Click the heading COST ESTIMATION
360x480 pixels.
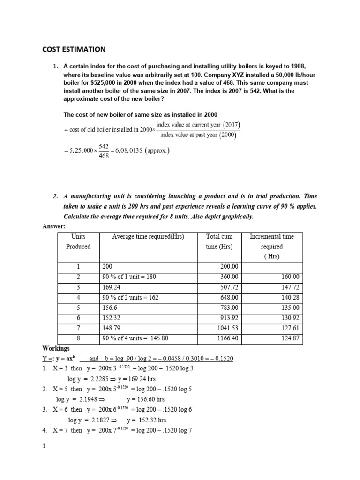click(x=75, y=49)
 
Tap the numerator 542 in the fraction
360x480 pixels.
click(x=104, y=147)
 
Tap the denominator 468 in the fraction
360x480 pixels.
click(x=104, y=156)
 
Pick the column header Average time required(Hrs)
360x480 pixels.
click(x=149, y=237)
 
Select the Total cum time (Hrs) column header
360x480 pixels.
click(x=219, y=241)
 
